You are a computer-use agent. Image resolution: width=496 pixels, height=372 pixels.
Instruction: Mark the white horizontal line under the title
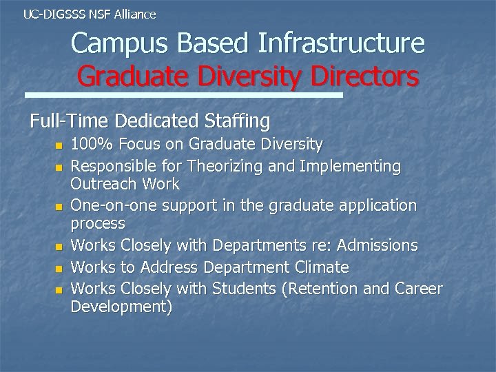pyautogui.click(x=184, y=95)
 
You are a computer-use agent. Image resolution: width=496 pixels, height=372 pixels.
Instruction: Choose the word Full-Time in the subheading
pyautogui.click(x=70, y=122)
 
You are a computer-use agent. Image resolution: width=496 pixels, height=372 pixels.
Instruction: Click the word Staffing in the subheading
pyautogui.click(x=238, y=122)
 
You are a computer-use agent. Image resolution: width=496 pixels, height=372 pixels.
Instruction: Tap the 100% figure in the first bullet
pyautogui.click(x=87, y=144)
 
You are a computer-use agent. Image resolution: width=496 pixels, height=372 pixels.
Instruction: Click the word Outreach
pyautogui.click(x=103, y=184)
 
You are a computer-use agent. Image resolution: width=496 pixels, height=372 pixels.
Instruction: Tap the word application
pyautogui.click(x=373, y=205)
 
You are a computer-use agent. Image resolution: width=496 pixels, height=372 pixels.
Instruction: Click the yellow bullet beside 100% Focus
pyautogui.click(x=59, y=145)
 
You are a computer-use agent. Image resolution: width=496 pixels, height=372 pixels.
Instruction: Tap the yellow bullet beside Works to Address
pyautogui.click(x=59, y=268)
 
